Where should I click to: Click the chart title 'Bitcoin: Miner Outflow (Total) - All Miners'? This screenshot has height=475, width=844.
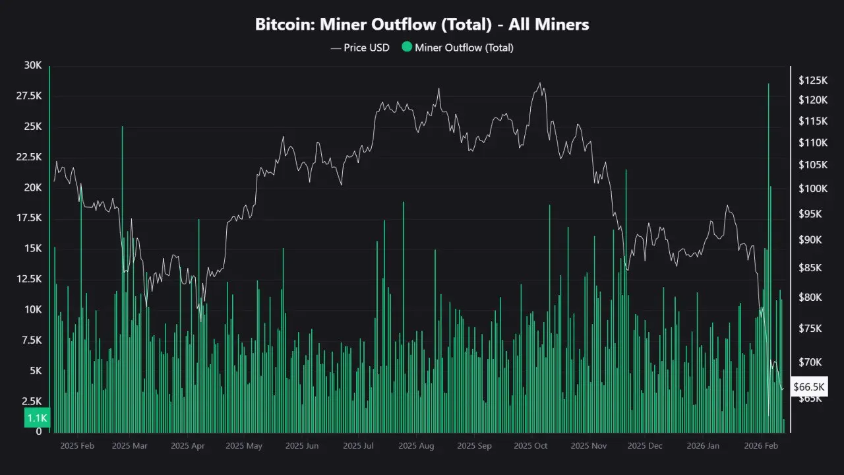click(x=422, y=24)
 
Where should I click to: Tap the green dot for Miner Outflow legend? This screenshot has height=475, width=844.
click(x=406, y=47)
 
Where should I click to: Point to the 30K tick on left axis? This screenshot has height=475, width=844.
click(x=32, y=65)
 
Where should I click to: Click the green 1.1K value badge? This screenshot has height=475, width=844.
click(x=37, y=418)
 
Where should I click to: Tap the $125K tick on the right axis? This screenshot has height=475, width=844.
click(x=812, y=80)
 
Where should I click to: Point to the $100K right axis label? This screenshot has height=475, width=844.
click(x=812, y=189)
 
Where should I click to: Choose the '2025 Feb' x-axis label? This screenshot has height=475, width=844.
click(x=77, y=446)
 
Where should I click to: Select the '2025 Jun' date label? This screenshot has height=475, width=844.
click(x=302, y=446)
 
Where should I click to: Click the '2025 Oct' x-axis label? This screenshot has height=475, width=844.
click(x=531, y=446)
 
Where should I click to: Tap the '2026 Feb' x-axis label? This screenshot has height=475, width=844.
click(x=761, y=446)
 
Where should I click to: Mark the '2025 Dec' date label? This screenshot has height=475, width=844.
click(x=645, y=446)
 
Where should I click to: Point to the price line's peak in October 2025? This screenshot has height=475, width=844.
click(x=539, y=83)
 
